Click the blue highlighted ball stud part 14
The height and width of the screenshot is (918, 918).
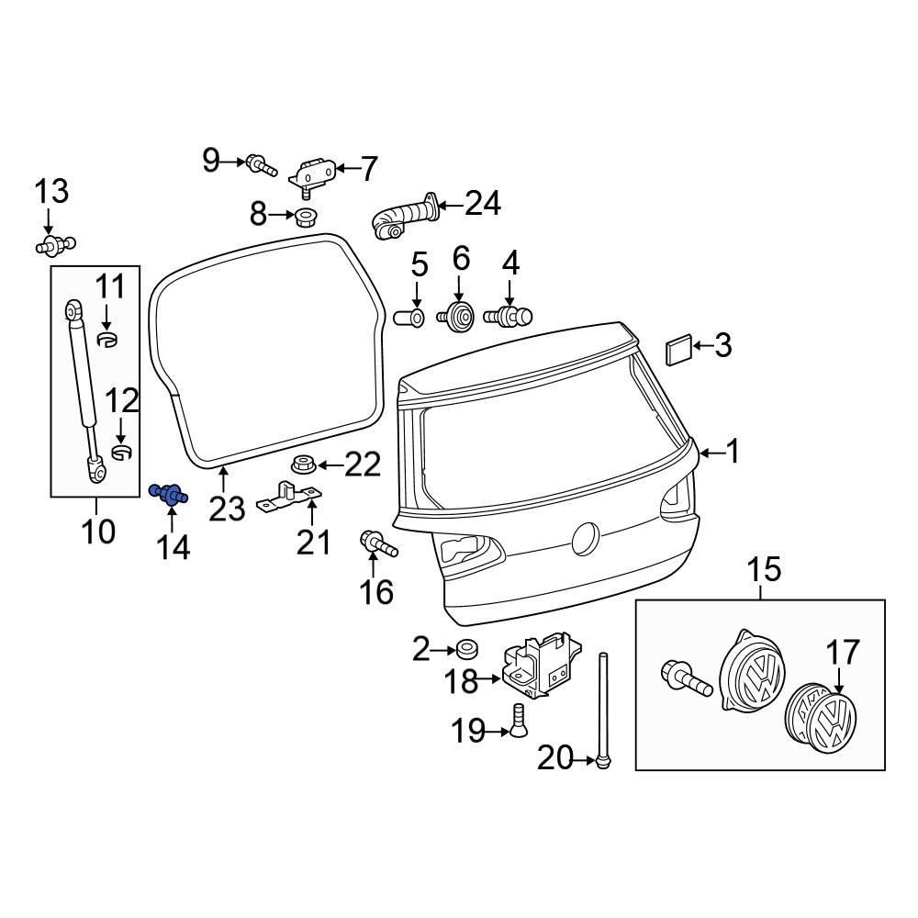[x=168, y=496]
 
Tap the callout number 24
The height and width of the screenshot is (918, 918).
[x=483, y=203]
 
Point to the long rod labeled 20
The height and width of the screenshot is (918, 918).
[x=603, y=707]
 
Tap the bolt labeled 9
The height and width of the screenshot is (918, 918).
[x=261, y=166]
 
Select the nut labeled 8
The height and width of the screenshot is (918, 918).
[x=306, y=218]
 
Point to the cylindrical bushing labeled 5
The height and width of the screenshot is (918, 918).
[x=409, y=319]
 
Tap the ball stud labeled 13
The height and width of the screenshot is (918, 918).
[x=54, y=245]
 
